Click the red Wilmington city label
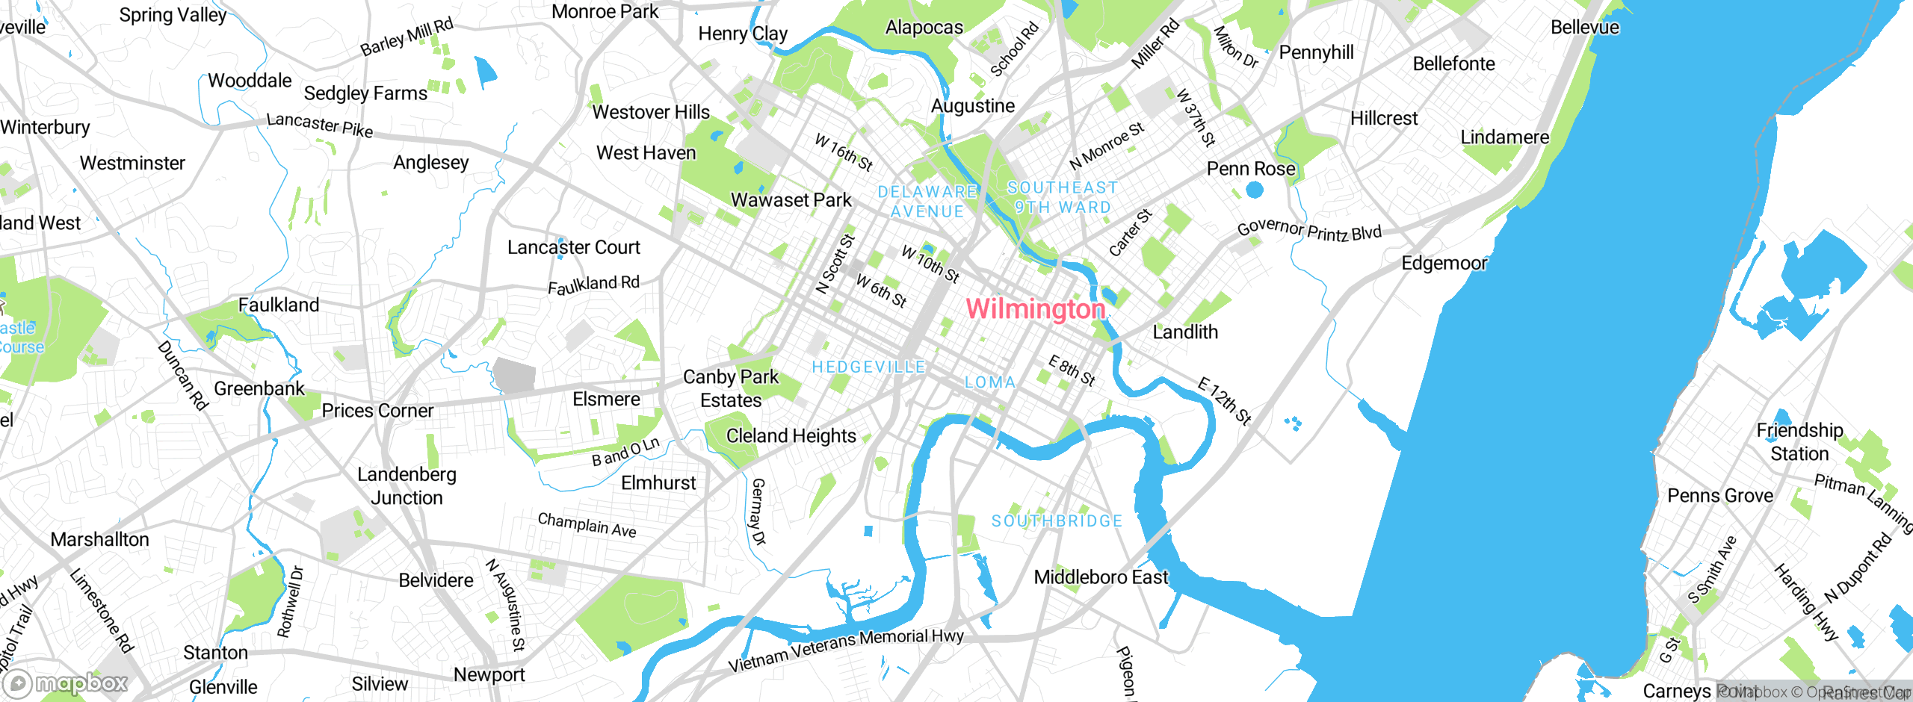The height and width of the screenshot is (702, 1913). click(1035, 308)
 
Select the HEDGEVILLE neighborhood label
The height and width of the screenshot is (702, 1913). click(868, 367)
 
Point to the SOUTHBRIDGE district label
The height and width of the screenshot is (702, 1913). click(1057, 521)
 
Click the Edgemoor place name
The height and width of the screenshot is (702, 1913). click(1444, 263)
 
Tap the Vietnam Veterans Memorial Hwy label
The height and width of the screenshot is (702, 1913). click(845, 649)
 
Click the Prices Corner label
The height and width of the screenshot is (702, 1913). click(377, 411)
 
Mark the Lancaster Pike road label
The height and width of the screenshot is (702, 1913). click(319, 125)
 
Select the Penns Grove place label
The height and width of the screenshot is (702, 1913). click(1720, 496)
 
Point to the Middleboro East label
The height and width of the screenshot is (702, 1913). click(1100, 577)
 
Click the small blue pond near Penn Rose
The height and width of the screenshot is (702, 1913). click(1255, 190)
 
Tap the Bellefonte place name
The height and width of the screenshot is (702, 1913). click(1453, 63)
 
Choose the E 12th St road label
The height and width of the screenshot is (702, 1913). click(1224, 401)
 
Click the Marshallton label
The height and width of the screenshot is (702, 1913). click(99, 539)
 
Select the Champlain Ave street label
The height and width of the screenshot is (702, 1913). click(587, 525)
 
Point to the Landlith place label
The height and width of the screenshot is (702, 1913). click(1185, 332)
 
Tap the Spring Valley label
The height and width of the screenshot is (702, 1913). click(173, 15)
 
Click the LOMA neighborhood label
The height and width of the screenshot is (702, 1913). click(990, 382)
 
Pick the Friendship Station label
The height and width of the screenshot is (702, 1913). click(1799, 441)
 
